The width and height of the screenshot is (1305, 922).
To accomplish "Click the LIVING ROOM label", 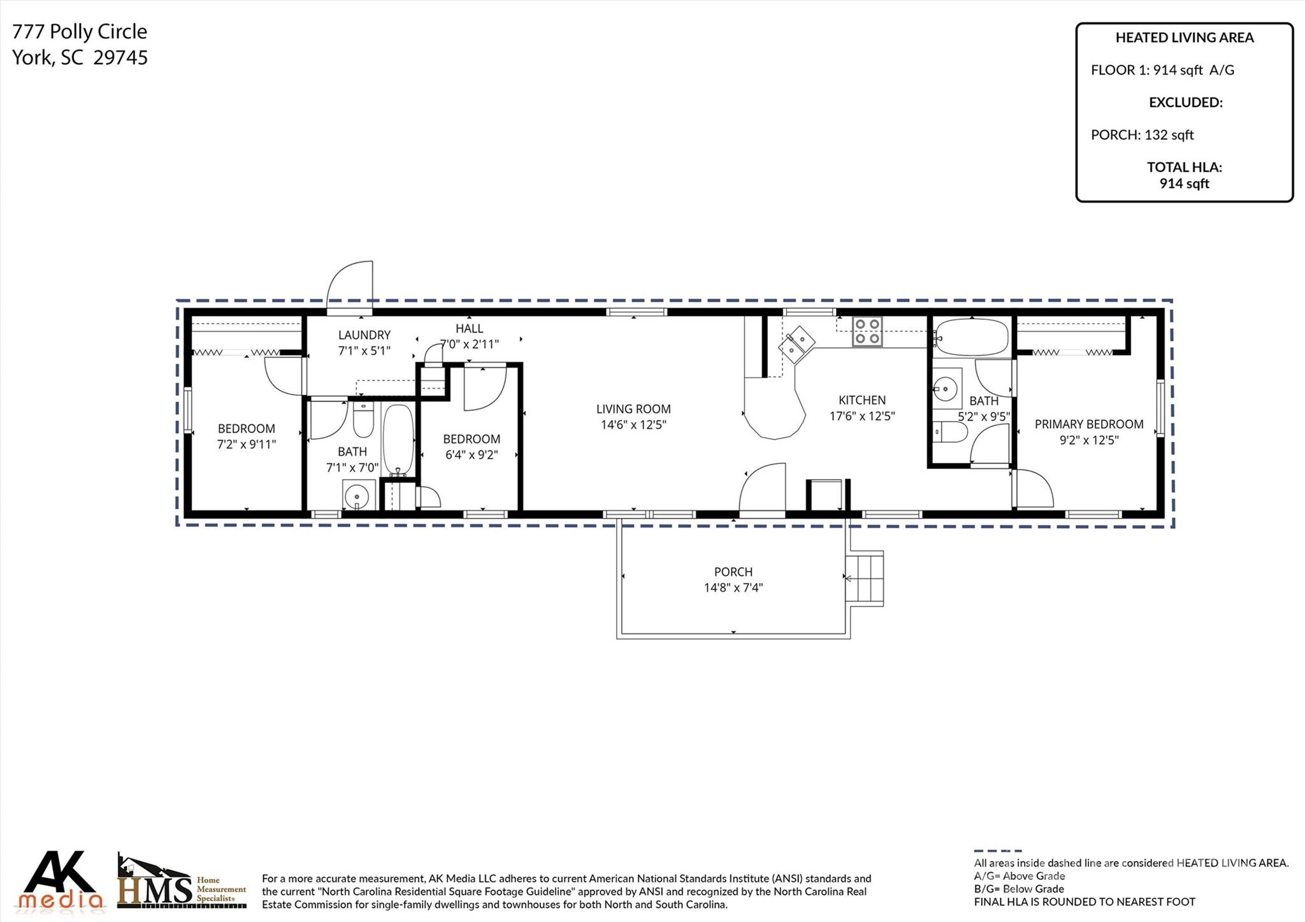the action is [x=633, y=409].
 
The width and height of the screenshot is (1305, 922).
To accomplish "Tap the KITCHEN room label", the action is [x=862, y=400].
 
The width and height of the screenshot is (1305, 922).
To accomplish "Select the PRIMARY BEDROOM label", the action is [x=1089, y=424].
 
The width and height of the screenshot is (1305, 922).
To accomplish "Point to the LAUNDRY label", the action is [x=364, y=335].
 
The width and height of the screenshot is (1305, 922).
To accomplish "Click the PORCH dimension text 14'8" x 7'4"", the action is [x=733, y=587].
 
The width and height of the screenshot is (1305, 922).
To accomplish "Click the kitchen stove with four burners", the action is [x=867, y=331].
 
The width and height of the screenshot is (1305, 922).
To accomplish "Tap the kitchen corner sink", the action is [x=797, y=344].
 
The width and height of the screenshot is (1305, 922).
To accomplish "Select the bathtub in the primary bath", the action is [x=971, y=337].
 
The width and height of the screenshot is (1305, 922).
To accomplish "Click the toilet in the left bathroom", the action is [x=363, y=419].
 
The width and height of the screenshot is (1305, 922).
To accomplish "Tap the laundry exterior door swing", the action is [x=350, y=287].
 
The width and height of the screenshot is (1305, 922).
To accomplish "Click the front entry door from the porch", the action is [x=762, y=489].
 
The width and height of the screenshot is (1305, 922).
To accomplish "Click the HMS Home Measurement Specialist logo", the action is [x=182, y=882].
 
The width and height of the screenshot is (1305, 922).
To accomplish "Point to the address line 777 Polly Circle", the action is [x=80, y=31].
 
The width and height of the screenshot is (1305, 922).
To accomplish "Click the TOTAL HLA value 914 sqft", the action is [x=1184, y=184].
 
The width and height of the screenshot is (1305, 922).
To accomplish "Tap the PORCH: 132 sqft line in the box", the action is [x=1142, y=135].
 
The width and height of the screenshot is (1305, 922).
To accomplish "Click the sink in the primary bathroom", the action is [x=948, y=388].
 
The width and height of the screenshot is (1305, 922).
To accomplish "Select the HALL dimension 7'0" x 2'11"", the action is [x=470, y=344].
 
